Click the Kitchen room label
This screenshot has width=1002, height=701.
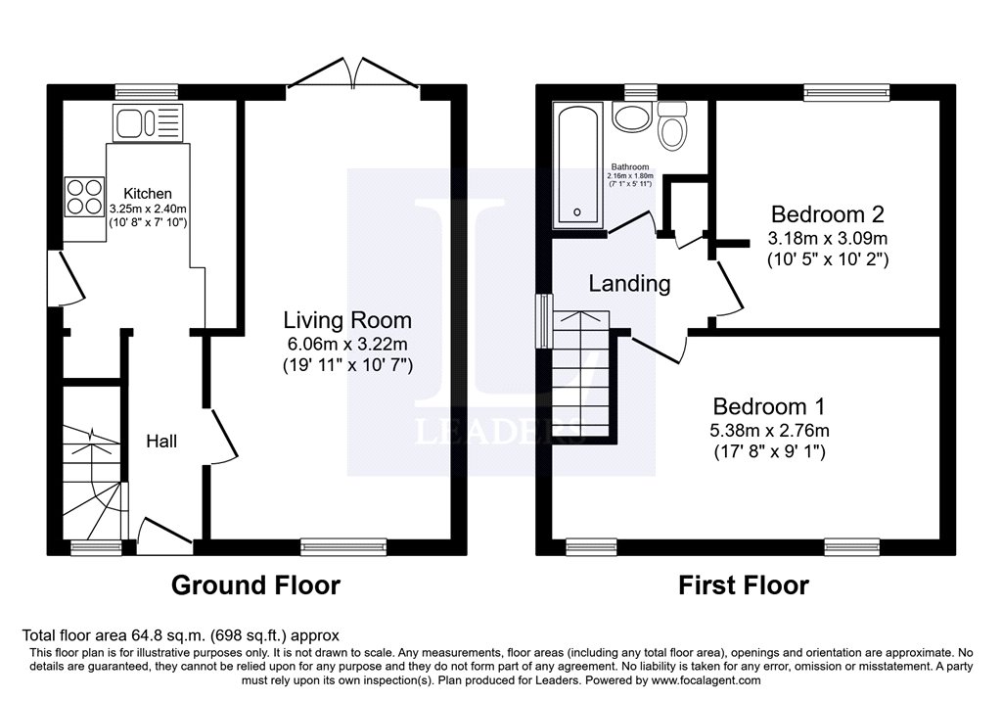tap(148, 194)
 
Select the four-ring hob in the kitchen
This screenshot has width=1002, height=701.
tap(85, 195)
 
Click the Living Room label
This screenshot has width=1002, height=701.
tap(347, 320)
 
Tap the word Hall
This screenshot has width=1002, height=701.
tap(161, 442)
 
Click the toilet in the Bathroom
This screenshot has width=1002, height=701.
tap(671, 128)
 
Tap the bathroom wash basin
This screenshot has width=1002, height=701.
tap(631, 118)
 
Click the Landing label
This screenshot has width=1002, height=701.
tap(629, 284)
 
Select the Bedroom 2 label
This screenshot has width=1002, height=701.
tap(820, 214)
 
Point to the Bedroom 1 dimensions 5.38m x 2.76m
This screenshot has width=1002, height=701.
tap(769, 430)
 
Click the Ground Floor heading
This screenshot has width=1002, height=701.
tap(255, 585)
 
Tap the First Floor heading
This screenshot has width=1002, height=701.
tap(744, 585)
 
